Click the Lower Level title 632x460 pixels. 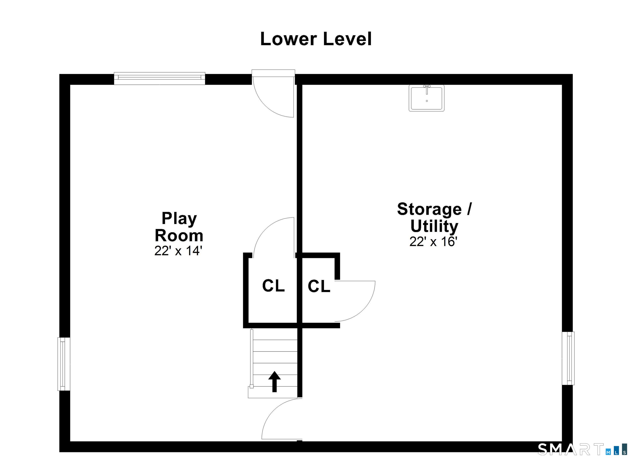point(316,39)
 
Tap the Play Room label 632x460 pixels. point(179,227)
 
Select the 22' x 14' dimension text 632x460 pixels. point(178,251)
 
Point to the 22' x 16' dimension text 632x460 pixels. point(433,242)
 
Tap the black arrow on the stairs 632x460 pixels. point(274,381)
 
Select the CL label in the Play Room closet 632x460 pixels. point(273,286)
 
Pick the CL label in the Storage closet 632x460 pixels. point(319,286)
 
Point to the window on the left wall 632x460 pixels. point(64,364)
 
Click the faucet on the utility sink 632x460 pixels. point(427,89)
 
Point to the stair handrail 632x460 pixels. point(252,358)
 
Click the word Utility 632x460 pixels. point(434,226)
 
